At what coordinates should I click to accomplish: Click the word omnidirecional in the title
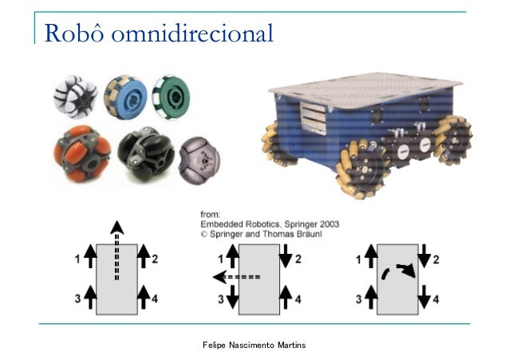coord(191,34)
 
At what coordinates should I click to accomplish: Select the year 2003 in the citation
coord(330,224)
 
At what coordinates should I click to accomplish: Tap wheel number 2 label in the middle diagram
coord(298,259)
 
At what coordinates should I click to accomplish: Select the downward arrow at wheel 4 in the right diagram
coord(424,296)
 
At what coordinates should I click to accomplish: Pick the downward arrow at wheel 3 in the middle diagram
coord(233,297)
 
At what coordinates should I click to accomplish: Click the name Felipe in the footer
coord(213,343)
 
